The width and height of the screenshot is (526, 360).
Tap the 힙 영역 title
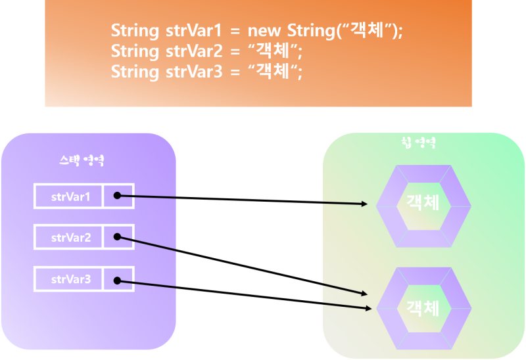(x=418, y=143)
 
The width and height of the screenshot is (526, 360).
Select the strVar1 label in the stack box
(x=68, y=196)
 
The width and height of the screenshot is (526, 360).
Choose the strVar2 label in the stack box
(x=68, y=238)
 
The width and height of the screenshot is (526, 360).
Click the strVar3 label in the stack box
(x=68, y=279)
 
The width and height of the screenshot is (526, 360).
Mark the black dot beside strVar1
(x=117, y=196)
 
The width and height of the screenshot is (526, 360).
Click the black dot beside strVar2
(x=117, y=237)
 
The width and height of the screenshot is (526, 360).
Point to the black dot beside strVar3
(x=117, y=281)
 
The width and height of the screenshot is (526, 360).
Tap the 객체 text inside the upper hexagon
(x=423, y=202)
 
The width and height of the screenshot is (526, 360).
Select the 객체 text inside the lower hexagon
(x=423, y=307)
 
